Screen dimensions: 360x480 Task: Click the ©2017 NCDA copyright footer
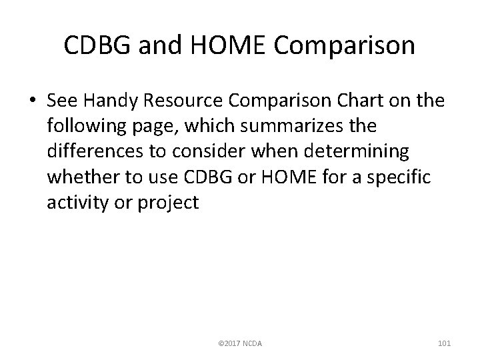pyautogui.click(x=241, y=343)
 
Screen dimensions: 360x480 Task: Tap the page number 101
pyautogui.click(x=445, y=343)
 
